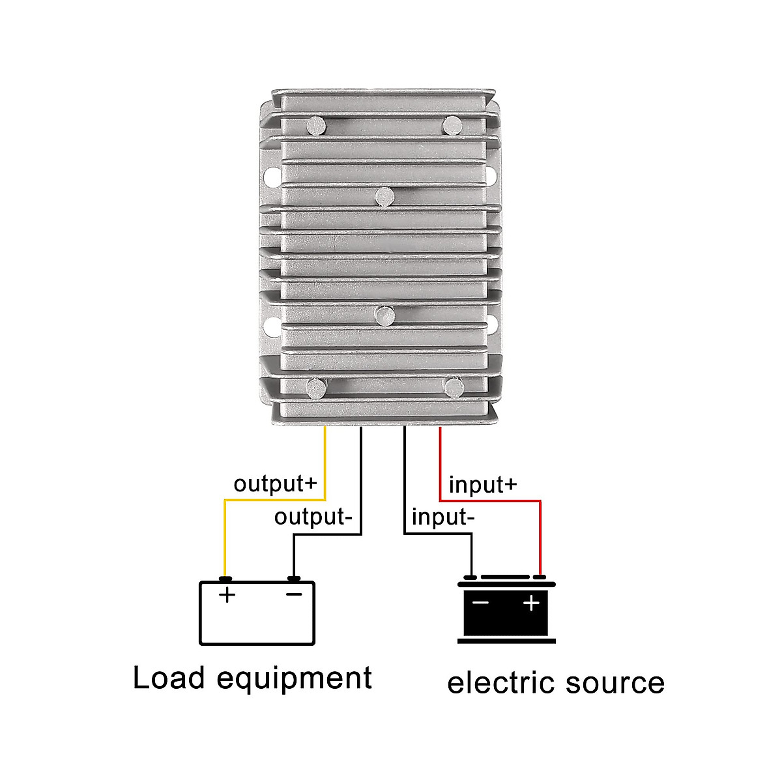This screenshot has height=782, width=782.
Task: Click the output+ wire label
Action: click(x=275, y=484)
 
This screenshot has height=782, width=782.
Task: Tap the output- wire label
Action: click(x=313, y=517)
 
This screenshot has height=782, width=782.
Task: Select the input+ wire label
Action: click(x=483, y=485)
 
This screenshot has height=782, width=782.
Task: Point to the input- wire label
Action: click(x=443, y=517)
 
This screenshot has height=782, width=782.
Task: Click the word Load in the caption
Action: click(x=169, y=678)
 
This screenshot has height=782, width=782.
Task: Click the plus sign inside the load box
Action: click(x=227, y=594)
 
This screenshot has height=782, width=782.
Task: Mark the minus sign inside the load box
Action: click(x=295, y=594)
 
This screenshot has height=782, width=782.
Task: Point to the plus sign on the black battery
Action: click(x=532, y=603)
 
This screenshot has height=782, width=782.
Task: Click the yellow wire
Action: click(x=225, y=534)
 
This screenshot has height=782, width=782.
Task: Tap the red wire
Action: click(x=540, y=534)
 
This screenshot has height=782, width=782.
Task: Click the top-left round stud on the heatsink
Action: click(x=317, y=125)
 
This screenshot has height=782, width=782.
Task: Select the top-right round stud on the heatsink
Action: click(x=452, y=125)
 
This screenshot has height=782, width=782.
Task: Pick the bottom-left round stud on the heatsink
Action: click(x=317, y=388)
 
